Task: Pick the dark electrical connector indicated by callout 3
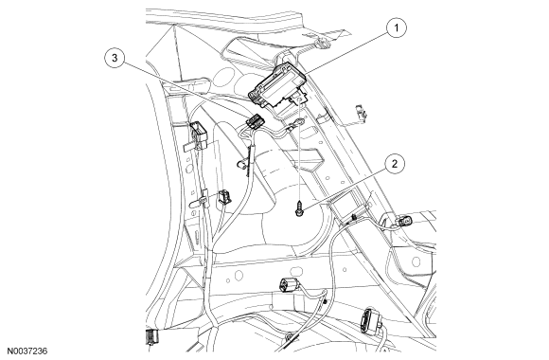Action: (x=255, y=122)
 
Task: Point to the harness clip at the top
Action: (x=324, y=42)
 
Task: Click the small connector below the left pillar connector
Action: (x=225, y=199)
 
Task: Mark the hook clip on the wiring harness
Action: (x=242, y=168)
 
